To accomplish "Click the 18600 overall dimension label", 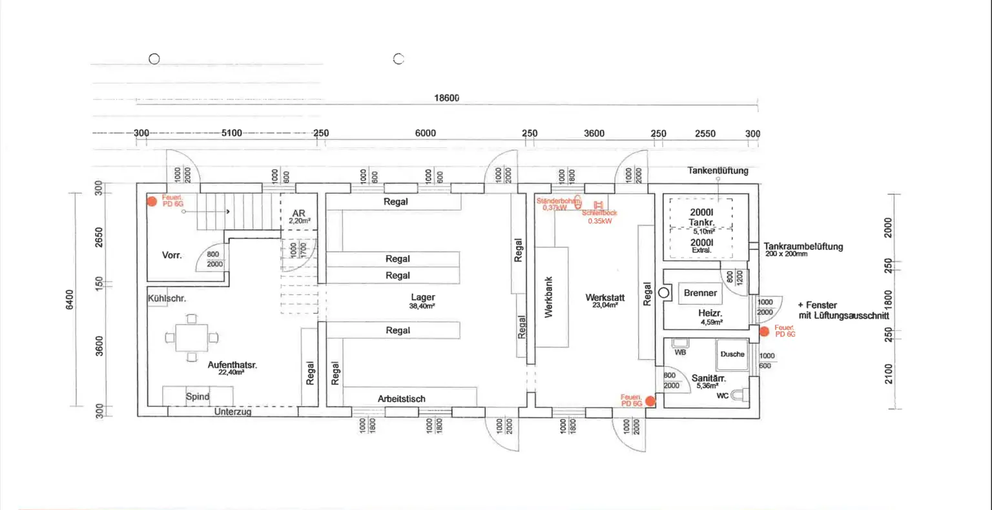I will [446, 98].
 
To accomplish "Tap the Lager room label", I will [423, 298].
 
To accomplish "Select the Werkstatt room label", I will [604, 298].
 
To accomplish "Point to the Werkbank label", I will [549, 298].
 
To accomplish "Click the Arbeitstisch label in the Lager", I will [402, 399].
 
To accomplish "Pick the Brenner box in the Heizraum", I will [700, 293].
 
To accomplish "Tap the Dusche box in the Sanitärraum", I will [732, 354].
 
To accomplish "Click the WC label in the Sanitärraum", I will [723, 396].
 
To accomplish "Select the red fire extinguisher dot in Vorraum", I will [152, 201].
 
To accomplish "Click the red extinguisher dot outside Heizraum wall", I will [764, 331].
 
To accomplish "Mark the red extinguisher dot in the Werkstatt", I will [650, 401].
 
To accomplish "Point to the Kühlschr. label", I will [167, 298].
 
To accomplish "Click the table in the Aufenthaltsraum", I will [192, 338].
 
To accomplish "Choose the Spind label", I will [198, 396].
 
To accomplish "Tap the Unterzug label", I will [232, 411].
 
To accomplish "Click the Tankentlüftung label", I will [718, 170].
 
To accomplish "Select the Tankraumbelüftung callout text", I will [803, 247].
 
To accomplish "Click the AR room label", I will [298, 214].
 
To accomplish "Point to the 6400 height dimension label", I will [70, 299].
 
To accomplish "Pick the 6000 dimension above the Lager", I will [425, 133].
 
